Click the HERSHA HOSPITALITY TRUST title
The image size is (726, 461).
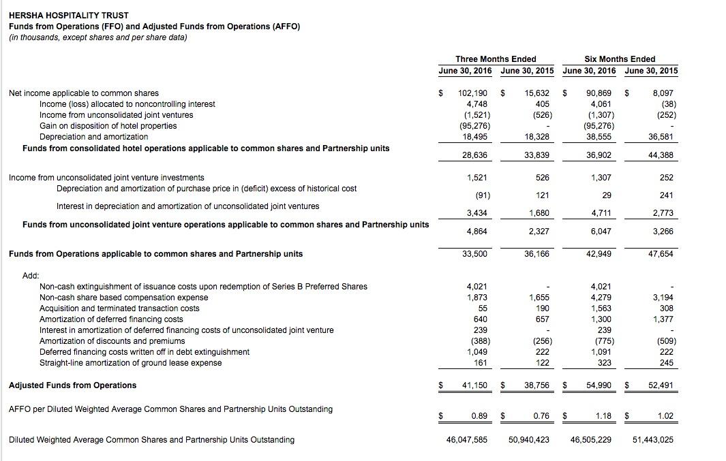click(x=69, y=15)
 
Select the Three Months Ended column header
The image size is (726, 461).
click(x=496, y=59)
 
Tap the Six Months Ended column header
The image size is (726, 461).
click(x=619, y=59)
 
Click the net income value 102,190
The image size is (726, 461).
click(x=472, y=93)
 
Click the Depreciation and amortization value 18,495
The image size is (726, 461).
click(x=477, y=137)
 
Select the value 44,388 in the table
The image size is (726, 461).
click(x=661, y=155)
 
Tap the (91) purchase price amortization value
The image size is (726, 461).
click(x=481, y=195)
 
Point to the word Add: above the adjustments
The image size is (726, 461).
click(x=31, y=276)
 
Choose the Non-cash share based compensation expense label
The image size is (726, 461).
click(x=124, y=298)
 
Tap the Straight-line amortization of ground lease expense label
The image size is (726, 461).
click(x=131, y=363)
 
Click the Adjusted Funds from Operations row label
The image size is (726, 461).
click(x=72, y=385)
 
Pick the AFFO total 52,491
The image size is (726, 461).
click(x=661, y=385)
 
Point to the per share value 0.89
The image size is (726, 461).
click(x=479, y=416)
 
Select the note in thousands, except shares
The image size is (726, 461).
click(x=97, y=37)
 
